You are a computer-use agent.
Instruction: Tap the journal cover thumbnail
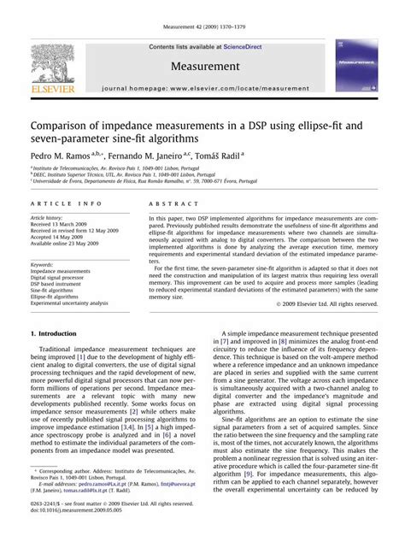(x=354, y=65)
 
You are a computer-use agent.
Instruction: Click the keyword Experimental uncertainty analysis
(x=70, y=303)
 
